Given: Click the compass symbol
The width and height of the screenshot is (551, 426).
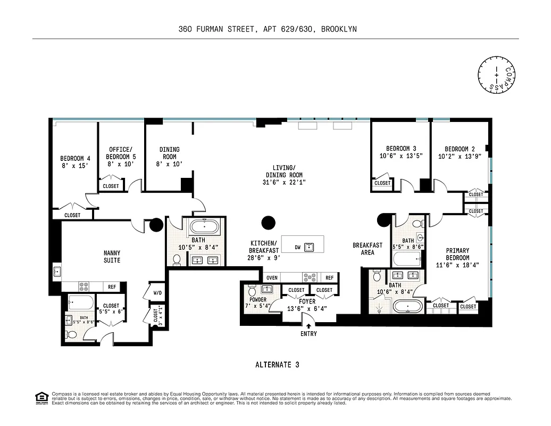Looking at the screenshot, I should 498,74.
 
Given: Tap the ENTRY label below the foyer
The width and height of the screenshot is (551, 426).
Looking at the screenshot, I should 308,334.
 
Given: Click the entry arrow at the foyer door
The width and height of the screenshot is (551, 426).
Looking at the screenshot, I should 308,326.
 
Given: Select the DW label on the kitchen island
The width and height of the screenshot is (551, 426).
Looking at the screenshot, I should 298,248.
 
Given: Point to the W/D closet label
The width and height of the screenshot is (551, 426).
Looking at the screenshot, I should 158,293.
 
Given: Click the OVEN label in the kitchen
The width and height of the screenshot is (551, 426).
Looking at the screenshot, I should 272,277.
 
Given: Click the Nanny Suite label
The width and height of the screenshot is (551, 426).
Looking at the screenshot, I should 112,257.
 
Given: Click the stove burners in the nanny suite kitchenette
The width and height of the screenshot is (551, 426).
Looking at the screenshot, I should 85,286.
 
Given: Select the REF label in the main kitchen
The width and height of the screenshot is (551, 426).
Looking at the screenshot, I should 329,277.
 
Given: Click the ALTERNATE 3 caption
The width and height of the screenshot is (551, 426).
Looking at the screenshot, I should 277,365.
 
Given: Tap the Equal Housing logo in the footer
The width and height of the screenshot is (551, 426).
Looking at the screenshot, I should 40,397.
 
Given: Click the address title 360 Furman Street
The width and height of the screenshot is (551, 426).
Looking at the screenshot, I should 268,29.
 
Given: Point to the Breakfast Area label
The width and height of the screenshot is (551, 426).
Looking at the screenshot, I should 368,249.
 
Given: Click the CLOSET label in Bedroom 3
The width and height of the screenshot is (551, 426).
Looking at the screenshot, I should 382,183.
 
